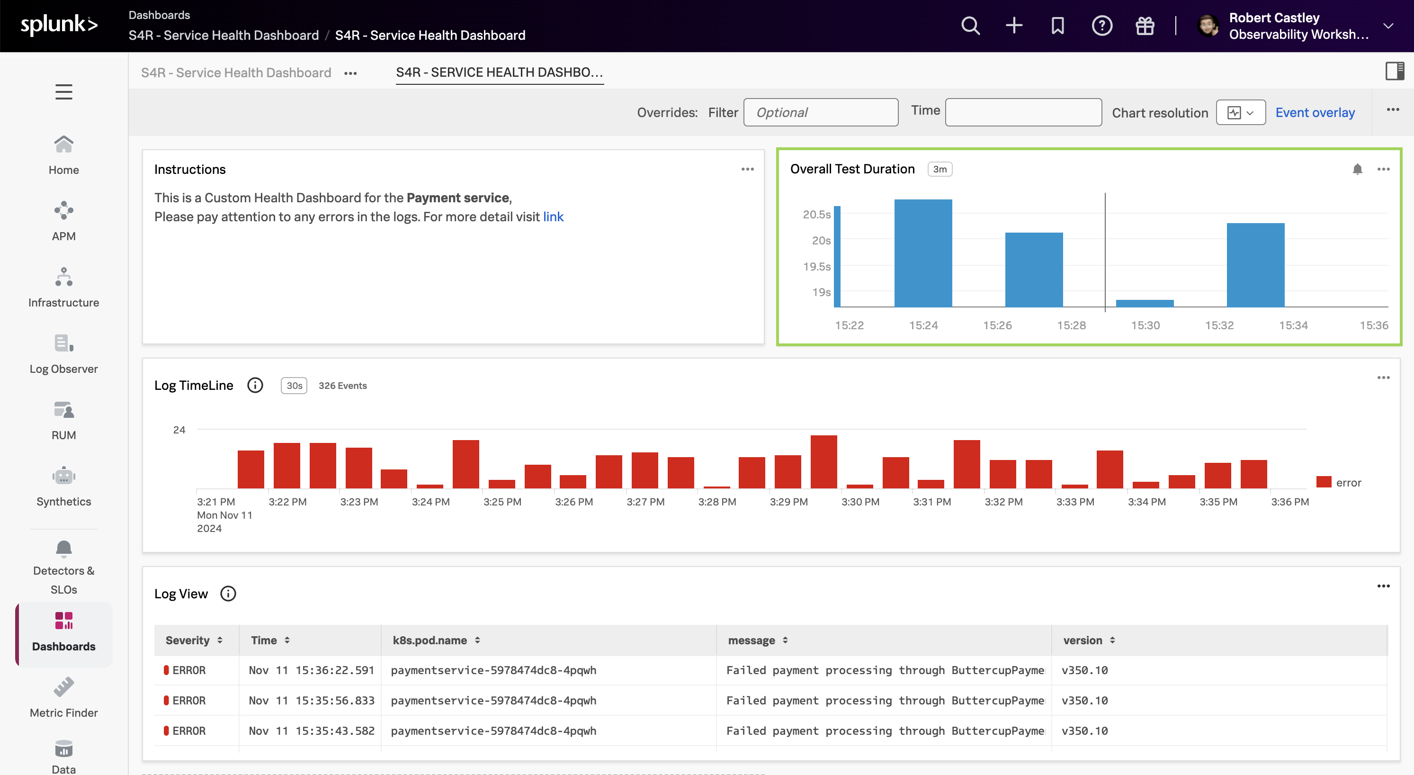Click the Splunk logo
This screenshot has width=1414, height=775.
59,25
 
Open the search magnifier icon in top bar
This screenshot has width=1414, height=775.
970,25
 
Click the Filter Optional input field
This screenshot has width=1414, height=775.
820,113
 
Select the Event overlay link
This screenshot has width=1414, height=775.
1315,113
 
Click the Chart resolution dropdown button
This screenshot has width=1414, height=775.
1240,113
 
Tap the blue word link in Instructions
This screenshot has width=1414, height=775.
553,217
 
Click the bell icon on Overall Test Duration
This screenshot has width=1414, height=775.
1357,169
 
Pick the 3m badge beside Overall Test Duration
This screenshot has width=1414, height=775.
939,169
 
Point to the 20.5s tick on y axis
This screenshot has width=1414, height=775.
816,214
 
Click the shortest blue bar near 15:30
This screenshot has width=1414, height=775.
1145,303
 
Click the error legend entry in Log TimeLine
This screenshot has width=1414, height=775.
1339,482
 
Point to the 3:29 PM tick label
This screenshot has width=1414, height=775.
788,502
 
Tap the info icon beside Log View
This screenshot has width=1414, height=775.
228,594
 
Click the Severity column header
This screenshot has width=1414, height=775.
188,640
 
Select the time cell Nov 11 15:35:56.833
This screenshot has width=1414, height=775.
311,700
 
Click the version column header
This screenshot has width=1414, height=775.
1083,640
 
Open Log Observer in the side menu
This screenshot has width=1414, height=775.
63,354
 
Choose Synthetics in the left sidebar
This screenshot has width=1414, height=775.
63,486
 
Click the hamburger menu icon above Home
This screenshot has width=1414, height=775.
63,92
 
